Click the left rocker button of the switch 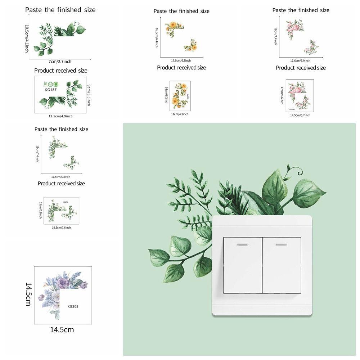242,265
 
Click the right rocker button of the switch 282,265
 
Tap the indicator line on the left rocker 242,245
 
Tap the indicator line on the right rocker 281,245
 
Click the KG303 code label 73,307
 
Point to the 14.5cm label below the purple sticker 62,329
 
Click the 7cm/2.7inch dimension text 60,62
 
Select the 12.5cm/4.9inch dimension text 60,116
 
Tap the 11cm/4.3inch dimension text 180,114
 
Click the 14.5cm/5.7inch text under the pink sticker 300,115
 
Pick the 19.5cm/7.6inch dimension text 61,228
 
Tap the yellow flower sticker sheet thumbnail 180,96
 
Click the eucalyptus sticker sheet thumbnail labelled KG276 61,211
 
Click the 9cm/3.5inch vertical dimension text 89,95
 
